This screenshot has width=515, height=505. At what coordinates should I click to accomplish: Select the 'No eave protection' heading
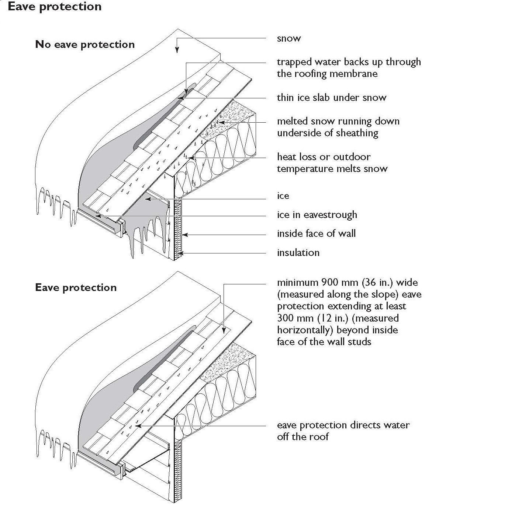tap(85, 45)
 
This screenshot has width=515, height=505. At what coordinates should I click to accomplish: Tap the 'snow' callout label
tap(289, 39)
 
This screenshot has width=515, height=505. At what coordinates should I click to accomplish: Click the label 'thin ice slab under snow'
tap(332, 98)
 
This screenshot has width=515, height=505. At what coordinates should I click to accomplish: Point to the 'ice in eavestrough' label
tap(317, 215)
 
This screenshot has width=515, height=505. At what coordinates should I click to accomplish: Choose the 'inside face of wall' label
tap(317, 234)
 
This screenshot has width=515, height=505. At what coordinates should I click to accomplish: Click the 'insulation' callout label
tap(298, 253)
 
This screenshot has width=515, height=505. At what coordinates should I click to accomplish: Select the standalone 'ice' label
tap(283, 196)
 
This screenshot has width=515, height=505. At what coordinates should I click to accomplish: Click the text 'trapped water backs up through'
tap(349, 62)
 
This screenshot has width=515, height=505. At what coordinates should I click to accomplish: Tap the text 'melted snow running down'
tap(338, 122)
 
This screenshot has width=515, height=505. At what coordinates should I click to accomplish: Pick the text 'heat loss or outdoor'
tap(324, 157)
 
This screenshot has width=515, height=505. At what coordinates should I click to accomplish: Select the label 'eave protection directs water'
tap(343, 425)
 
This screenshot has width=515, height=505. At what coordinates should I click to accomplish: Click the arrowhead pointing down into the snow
tap(177, 50)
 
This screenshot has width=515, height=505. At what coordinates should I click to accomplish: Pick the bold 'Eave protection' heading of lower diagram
tap(76, 288)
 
